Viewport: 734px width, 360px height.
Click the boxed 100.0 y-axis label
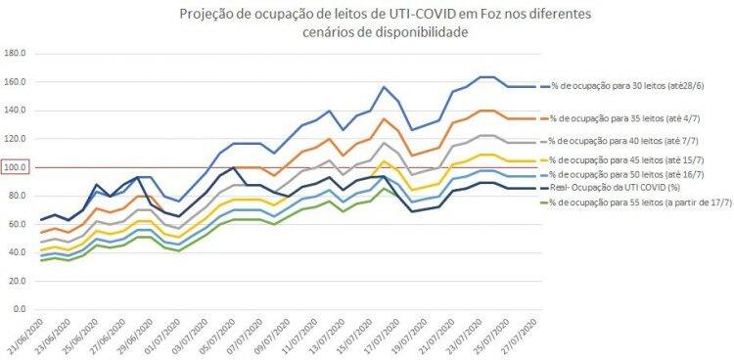pyautogui.click(x=17, y=167)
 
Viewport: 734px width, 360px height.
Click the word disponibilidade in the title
pyautogui.click(x=419, y=32)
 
